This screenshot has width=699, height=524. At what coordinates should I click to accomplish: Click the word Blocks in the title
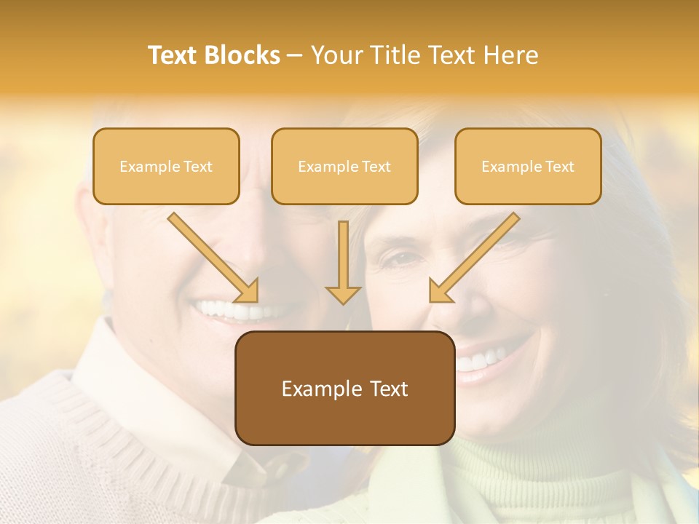coord(242,55)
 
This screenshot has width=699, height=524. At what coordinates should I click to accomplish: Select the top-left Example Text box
coord(166,167)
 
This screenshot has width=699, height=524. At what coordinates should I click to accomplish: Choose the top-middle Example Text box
coord(344,167)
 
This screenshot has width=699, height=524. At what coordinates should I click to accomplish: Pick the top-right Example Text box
coord(528,167)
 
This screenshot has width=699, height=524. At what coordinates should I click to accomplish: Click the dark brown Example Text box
coord(344,389)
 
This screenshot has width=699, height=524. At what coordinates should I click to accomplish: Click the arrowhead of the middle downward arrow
coord(343,294)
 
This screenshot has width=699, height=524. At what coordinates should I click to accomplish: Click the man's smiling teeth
coord(226,311)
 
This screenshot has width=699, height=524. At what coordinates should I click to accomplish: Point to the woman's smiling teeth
coord(484,359)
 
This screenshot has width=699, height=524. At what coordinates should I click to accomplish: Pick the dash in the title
coord(295,55)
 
